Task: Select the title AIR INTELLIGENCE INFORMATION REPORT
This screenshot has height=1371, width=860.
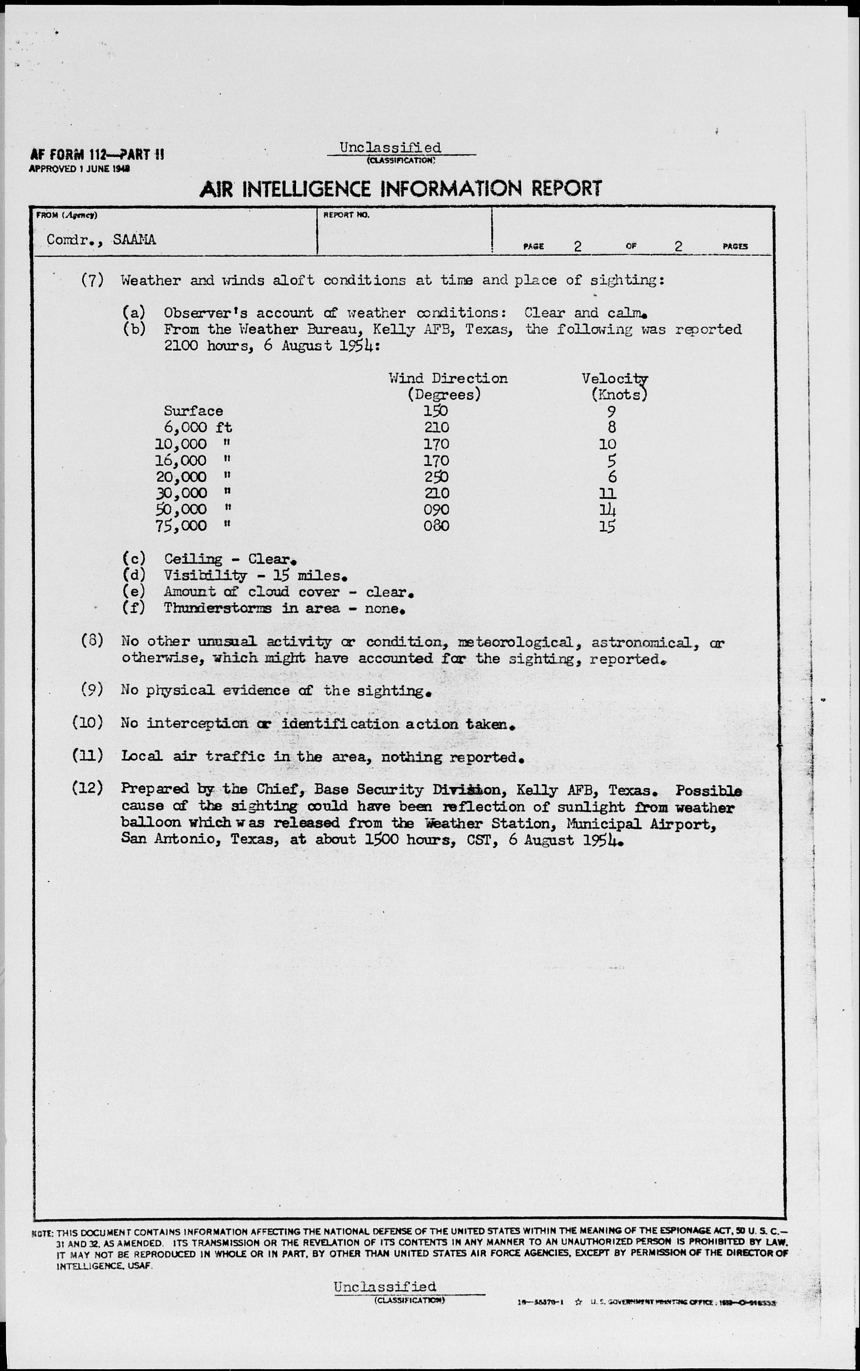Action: click(x=400, y=189)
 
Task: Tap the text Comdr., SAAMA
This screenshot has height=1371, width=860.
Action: click(x=101, y=239)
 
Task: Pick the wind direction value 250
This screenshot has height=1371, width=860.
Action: click(x=436, y=477)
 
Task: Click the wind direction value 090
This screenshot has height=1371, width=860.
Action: click(x=436, y=509)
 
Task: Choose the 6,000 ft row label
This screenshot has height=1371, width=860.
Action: click(x=198, y=427)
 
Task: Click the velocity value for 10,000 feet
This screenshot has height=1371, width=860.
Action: click(x=607, y=444)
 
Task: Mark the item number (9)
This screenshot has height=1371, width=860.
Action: click(x=92, y=690)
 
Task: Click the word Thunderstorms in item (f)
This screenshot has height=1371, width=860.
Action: click(x=217, y=608)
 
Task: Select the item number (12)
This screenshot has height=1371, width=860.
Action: click(x=88, y=788)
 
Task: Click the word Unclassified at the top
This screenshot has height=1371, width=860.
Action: click(x=390, y=147)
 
